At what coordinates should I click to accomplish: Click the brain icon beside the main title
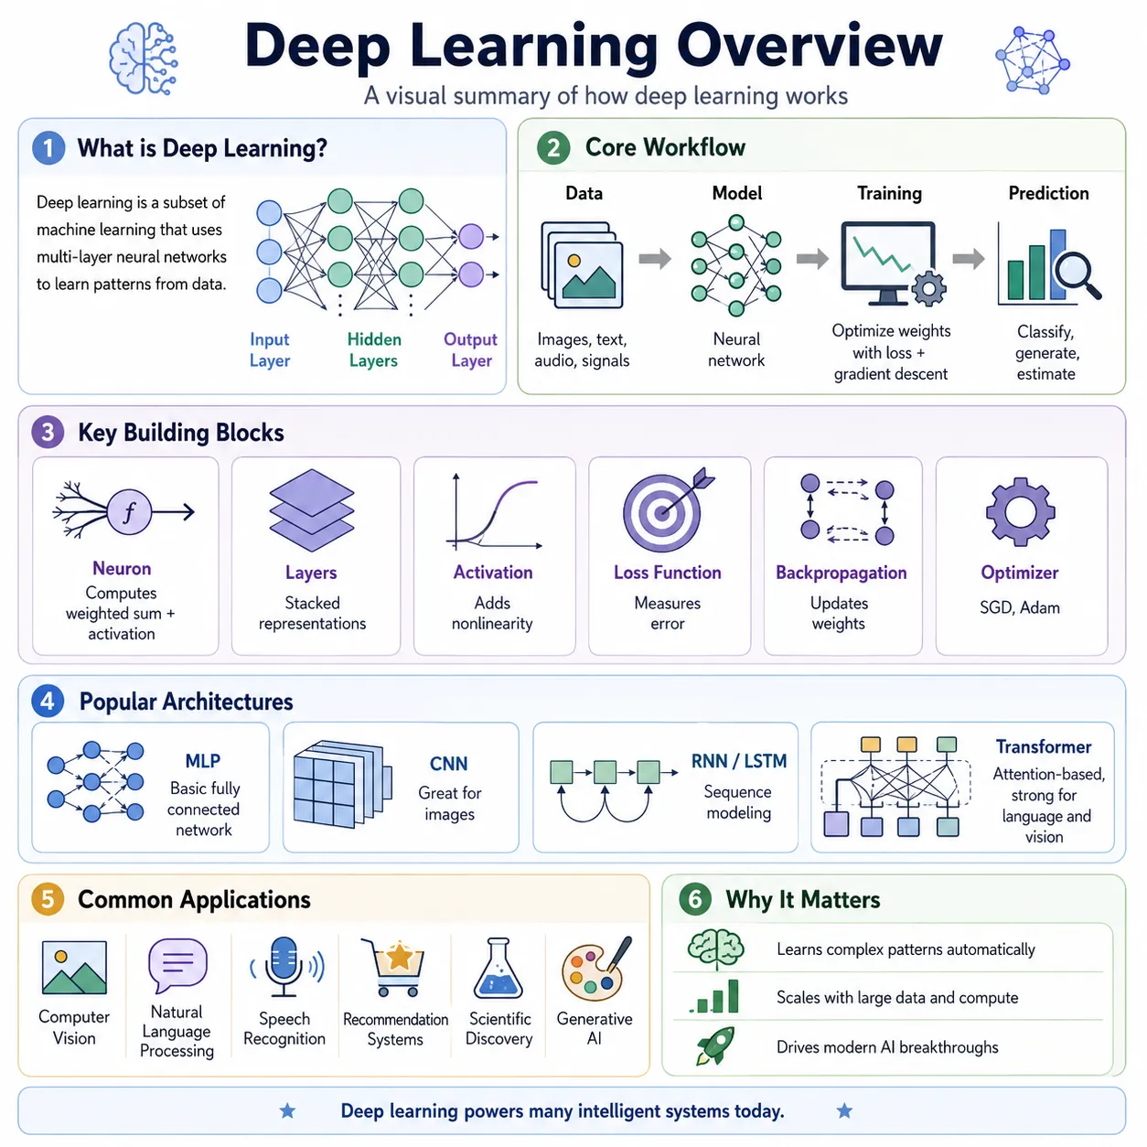pos(144,59)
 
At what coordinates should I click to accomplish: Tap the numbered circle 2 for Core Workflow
pos(553,147)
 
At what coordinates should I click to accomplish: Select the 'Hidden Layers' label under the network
pos(374,349)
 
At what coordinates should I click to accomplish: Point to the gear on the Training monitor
pos(928,289)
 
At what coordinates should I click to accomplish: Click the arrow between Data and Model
pos(655,259)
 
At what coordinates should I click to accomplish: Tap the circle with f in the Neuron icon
pos(129,511)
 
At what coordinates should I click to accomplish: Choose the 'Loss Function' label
pos(667,573)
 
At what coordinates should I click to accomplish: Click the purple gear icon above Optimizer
pos(1020,512)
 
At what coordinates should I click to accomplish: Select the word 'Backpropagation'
pos(841,573)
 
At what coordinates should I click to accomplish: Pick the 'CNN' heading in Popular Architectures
pos(449,764)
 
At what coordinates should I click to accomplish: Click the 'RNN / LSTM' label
pos(739,761)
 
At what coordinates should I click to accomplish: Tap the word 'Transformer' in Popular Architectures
pos(1044,746)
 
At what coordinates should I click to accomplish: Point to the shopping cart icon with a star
pos(396,967)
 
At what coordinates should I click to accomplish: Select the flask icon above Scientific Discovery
pos(498,968)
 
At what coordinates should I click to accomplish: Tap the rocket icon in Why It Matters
pos(715,1045)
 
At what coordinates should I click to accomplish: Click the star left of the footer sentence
pos(287,1110)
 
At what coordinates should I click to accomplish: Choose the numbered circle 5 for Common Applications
pos(48,899)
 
